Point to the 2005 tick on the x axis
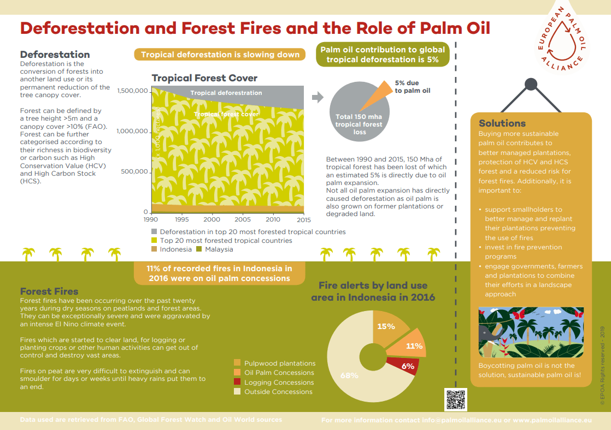pos(242,219)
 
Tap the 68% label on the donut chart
pos(349,375)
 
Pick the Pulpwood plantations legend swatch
pos(237,363)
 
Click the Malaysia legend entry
pos(219,249)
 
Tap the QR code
pos(456,399)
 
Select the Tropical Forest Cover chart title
pos(204,78)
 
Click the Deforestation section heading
pos(55,55)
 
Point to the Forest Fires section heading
pos(49,291)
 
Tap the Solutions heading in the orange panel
pos(502,123)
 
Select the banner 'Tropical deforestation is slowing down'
pos(220,55)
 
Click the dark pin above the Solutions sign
pos(531,84)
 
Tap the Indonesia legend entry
pos(175,249)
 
